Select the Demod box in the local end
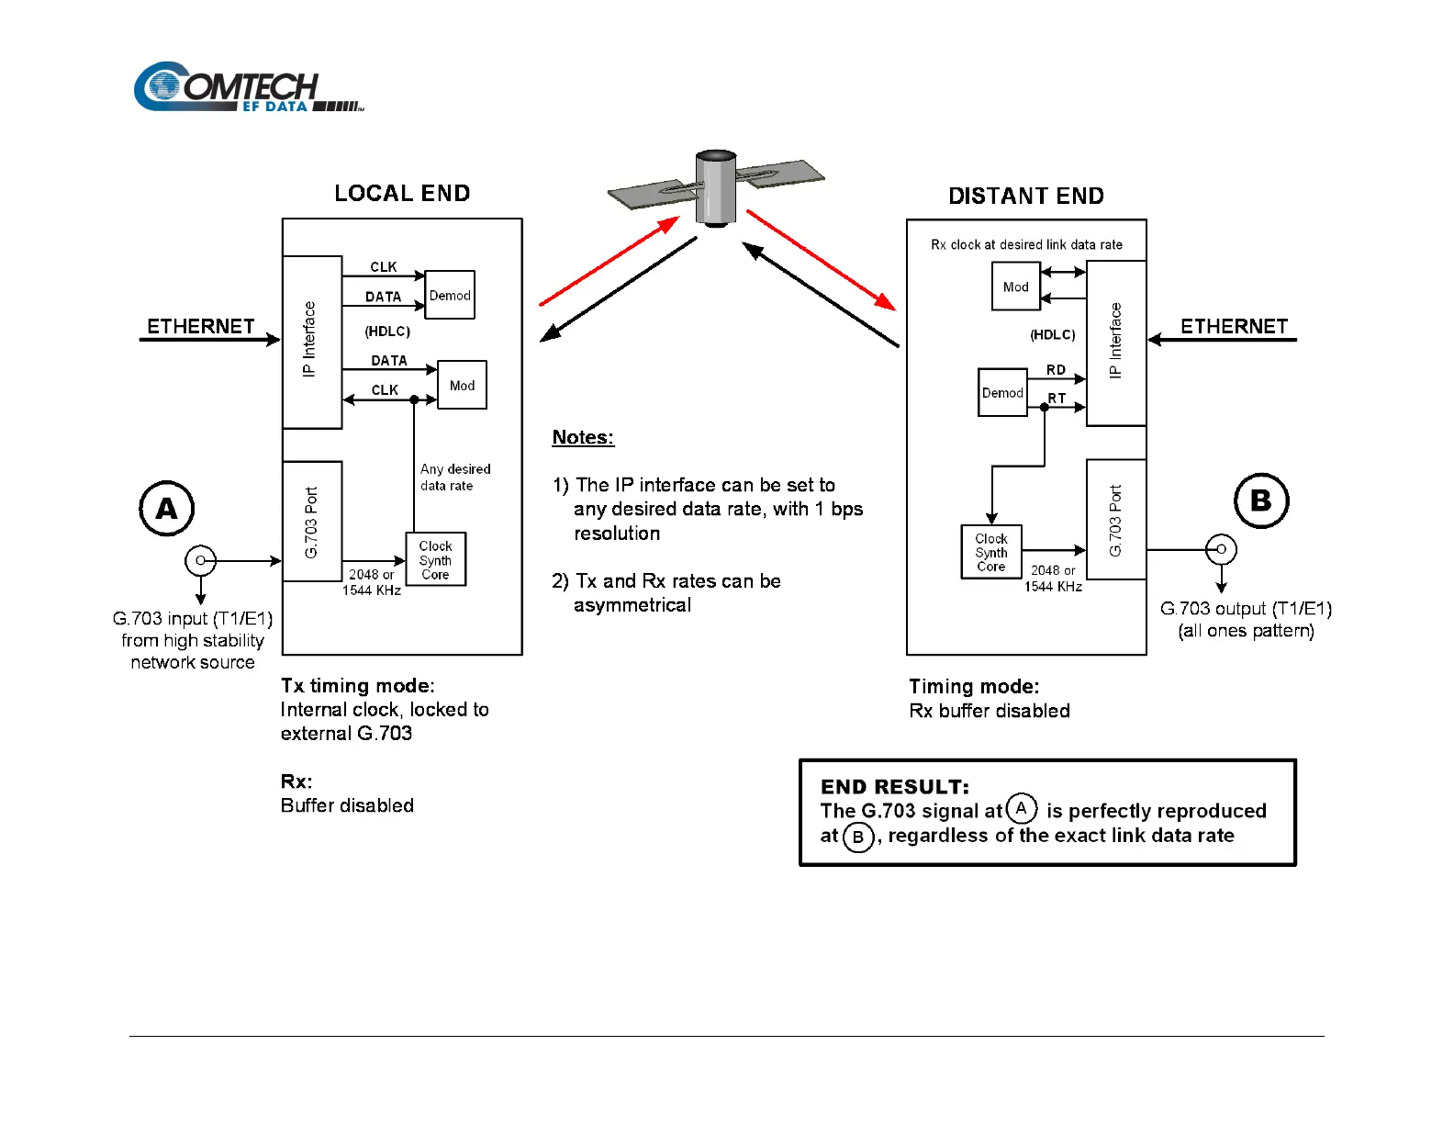pyautogui.click(x=450, y=295)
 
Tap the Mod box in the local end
pyautogui.click(x=462, y=386)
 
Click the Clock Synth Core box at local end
pyautogui.click(x=436, y=559)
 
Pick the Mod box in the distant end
pyautogui.click(x=1015, y=287)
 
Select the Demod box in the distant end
pyautogui.click(x=1002, y=392)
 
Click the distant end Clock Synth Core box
pyautogui.click(x=991, y=552)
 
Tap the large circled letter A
pyautogui.click(x=166, y=508)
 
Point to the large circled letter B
pyautogui.click(x=1261, y=500)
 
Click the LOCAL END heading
pyautogui.click(x=402, y=194)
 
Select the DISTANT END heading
pyautogui.click(x=1026, y=197)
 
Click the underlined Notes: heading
pyautogui.click(x=583, y=437)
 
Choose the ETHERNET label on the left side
pyautogui.click(x=201, y=327)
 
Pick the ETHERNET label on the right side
pyautogui.click(x=1234, y=327)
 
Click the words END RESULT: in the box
pyautogui.click(x=895, y=787)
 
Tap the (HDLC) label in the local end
pyautogui.click(x=387, y=332)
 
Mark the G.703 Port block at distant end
pyautogui.click(x=1116, y=520)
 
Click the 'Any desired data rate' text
pyautogui.click(x=454, y=478)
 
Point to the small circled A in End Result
pyautogui.click(x=1021, y=808)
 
